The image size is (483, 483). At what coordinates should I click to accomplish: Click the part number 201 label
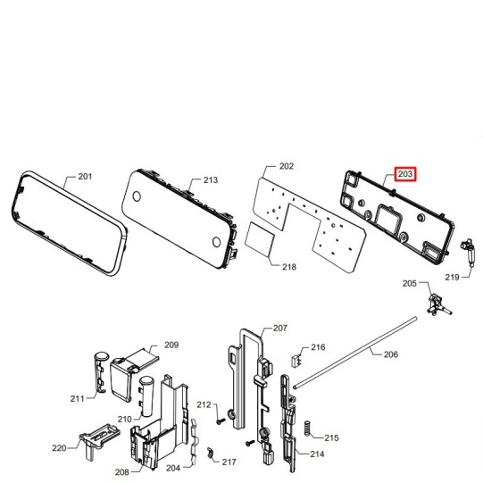pyautogui.click(x=85, y=177)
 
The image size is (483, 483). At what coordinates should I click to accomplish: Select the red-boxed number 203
pyautogui.click(x=405, y=174)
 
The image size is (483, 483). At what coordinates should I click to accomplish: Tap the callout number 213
pyautogui.click(x=211, y=179)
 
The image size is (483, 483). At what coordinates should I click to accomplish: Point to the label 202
pyautogui.click(x=287, y=166)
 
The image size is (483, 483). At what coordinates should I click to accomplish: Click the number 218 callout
pyautogui.click(x=289, y=267)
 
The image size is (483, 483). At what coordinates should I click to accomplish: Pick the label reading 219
pyautogui.click(x=452, y=278)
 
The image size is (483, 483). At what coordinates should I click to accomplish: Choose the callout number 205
pyautogui.click(x=410, y=283)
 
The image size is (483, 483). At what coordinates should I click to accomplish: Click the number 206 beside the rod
pyautogui.click(x=391, y=354)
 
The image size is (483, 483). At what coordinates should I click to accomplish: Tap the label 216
pyautogui.click(x=318, y=347)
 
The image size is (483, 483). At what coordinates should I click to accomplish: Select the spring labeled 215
pyautogui.click(x=307, y=429)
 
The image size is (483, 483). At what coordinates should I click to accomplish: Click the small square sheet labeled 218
pyautogui.click(x=260, y=239)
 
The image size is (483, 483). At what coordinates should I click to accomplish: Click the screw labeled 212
pyautogui.click(x=221, y=421)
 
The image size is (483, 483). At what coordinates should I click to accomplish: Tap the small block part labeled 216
pyautogui.click(x=296, y=361)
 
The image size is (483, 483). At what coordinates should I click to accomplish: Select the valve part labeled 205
pyautogui.click(x=438, y=305)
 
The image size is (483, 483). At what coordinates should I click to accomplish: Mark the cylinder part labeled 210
pyautogui.click(x=146, y=396)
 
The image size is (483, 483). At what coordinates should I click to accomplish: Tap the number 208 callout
pyautogui.click(x=122, y=472)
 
